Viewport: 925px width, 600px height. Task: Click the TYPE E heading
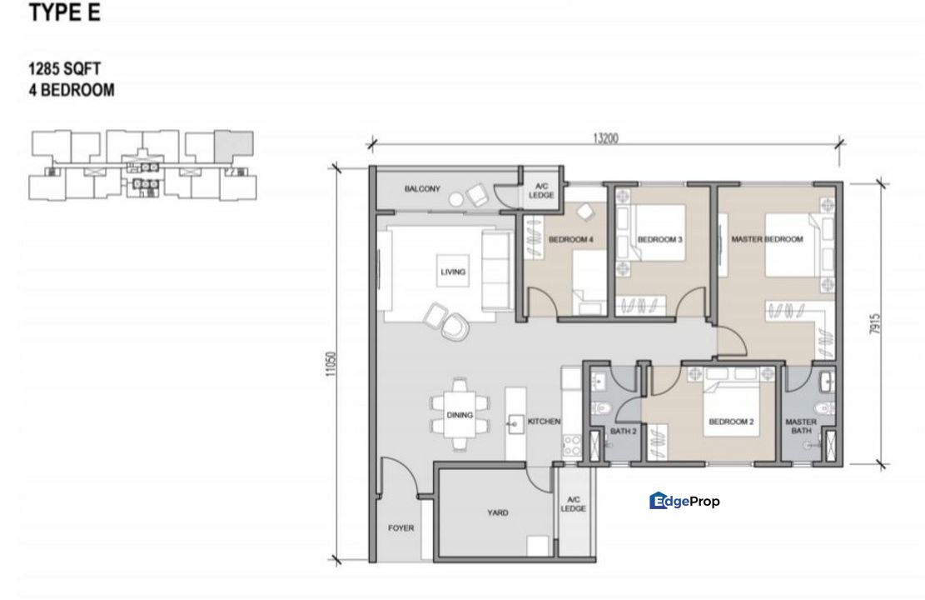65,13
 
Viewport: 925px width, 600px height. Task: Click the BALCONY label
422,189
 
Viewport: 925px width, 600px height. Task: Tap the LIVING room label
453,272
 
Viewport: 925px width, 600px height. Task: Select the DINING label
460,415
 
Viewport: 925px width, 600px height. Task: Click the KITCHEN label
545,422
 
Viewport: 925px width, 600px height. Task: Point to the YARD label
498,512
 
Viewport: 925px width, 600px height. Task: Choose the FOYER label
400,527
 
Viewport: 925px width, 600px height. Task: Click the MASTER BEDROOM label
767,240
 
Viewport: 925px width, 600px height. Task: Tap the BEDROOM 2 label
731,422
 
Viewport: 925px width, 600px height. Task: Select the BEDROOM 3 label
660,240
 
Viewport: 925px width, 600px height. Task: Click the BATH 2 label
623,432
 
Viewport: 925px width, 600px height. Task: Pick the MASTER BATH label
800,427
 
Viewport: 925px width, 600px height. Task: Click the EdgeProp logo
684,501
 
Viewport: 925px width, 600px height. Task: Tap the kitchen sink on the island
511,422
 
